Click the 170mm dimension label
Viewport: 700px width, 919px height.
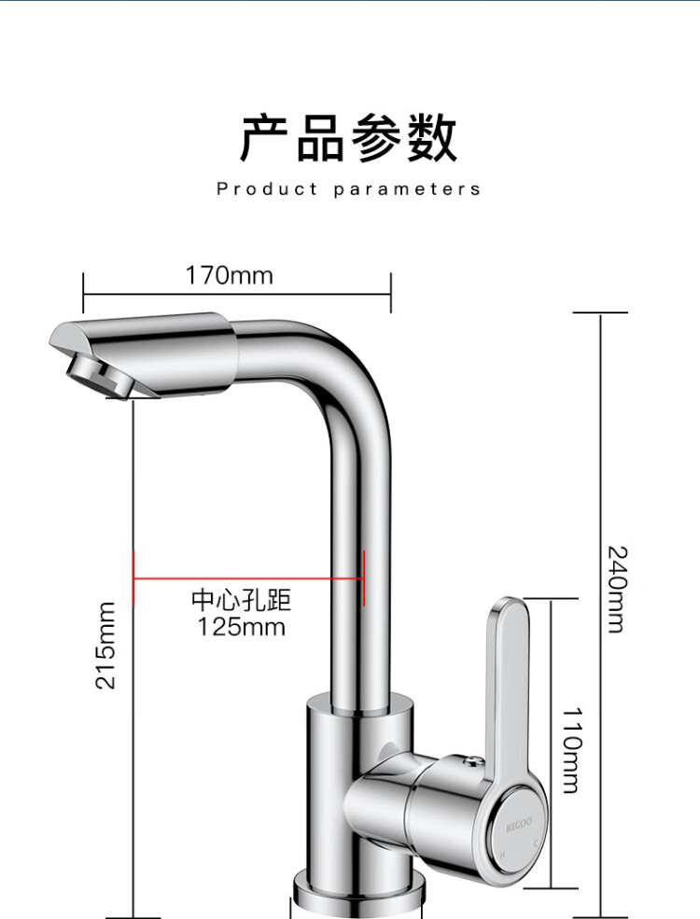[229, 276]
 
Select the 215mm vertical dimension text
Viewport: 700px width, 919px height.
[107, 645]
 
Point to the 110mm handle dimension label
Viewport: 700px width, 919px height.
[571, 750]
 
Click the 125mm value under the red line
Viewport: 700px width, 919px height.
[241, 627]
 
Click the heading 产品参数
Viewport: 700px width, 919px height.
[349, 139]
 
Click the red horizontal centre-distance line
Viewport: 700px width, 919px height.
[249, 578]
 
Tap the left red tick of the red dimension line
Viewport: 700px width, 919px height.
[134, 578]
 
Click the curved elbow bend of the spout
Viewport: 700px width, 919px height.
[350, 373]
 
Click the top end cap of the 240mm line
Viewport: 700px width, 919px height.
[599, 313]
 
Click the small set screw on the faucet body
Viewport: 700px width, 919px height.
[383, 749]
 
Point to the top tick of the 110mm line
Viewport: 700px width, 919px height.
[552, 600]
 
